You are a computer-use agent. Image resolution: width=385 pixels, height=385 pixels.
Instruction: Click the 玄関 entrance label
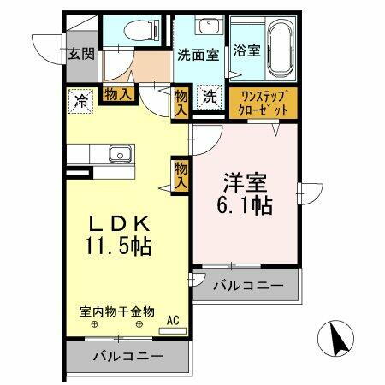pyautogui.click(x=81, y=54)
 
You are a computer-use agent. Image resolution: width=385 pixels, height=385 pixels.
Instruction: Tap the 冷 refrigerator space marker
pyautogui.click(x=81, y=100)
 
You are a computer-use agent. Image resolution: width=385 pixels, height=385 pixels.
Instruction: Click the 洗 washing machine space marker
pyautogui.click(x=210, y=96)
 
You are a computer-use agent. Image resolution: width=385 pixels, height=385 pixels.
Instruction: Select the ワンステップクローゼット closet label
pyautogui.click(x=264, y=104)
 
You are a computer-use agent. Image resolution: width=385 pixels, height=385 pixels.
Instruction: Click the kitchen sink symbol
pyautogui.click(x=118, y=155)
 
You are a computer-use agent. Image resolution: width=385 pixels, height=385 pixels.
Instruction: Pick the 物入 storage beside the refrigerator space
pyautogui.click(x=118, y=95)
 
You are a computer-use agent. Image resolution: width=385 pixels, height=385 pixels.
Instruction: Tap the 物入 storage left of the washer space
pyautogui.click(x=181, y=102)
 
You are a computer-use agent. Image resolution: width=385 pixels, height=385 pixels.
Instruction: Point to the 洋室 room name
pyautogui.click(x=245, y=184)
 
